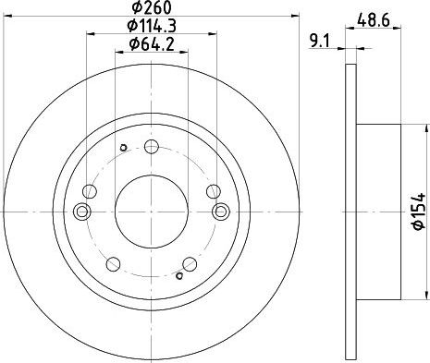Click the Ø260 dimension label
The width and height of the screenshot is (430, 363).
click(x=152, y=7)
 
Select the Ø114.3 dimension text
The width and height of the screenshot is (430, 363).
click(x=152, y=26)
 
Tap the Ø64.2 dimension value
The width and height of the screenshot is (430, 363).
click(x=152, y=44)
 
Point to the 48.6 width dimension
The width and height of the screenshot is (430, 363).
click(x=374, y=20)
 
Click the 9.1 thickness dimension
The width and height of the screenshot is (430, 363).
click(x=320, y=41)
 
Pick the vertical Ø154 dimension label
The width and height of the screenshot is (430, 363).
click(x=419, y=212)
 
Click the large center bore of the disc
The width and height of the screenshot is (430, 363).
click(x=152, y=212)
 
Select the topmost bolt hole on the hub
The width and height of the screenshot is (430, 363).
click(x=152, y=147)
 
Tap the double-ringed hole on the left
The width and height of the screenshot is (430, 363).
click(x=82, y=212)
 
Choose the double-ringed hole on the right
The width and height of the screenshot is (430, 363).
click(x=221, y=212)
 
